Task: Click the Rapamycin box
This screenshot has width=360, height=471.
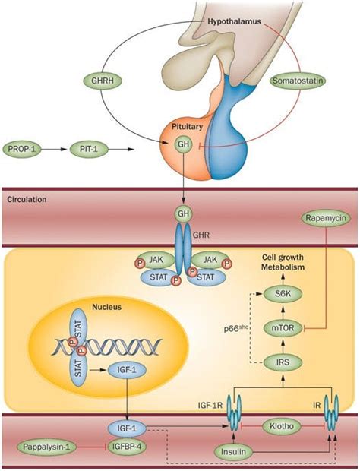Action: (324, 217)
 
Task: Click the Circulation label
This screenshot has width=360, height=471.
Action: (27, 200)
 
